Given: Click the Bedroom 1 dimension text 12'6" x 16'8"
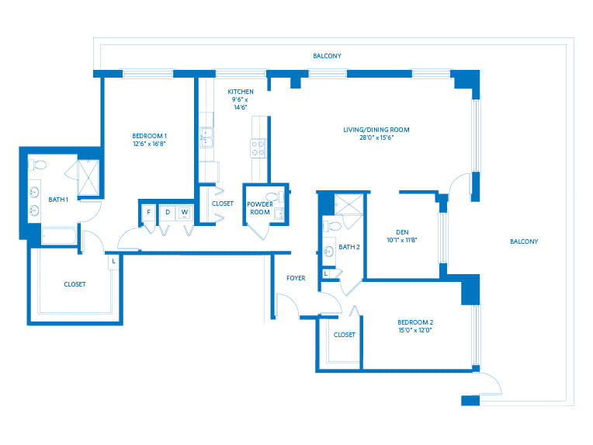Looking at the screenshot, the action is click(x=149, y=144).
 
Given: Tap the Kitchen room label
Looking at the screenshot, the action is click(x=241, y=92).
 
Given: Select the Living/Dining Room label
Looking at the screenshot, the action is click(x=376, y=130).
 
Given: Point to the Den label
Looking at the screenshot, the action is click(x=402, y=232).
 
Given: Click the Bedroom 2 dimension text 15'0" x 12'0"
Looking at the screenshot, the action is click(x=415, y=330).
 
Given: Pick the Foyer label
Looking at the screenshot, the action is click(x=296, y=278).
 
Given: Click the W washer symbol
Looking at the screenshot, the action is click(x=185, y=213).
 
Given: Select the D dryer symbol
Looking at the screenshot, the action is click(x=168, y=213).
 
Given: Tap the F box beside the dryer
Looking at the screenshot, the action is click(x=148, y=213).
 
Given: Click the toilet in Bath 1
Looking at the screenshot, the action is click(x=38, y=165).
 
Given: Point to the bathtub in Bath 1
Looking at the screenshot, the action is click(x=59, y=237).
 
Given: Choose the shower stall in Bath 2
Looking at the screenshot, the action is click(x=349, y=205).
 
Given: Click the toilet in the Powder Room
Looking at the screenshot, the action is click(x=274, y=196).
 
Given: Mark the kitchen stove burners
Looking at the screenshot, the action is click(x=258, y=148).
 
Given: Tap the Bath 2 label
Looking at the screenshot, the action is click(x=349, y=247).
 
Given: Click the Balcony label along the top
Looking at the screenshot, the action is click(x=327, y=56).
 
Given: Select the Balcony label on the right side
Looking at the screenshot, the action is click(x=524, y=242).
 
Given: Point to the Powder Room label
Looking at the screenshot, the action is click(x=260, y=208).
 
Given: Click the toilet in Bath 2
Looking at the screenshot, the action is click(x=332, y=226).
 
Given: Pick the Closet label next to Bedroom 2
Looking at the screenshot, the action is click(x=344, y=335).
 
